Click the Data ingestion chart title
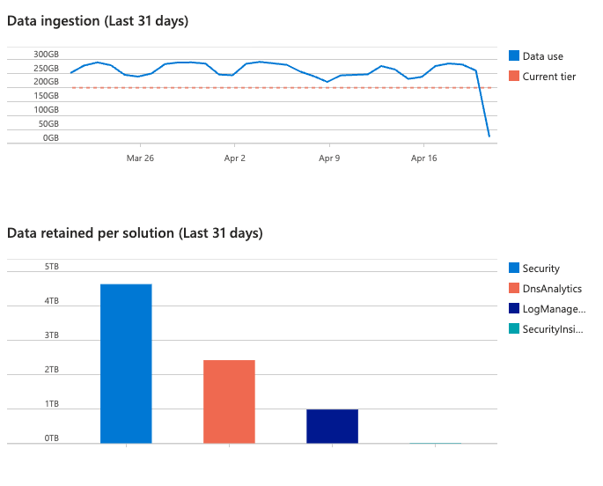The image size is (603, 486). [98, 21]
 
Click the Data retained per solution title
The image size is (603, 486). [135, 233]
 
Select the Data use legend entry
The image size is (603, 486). [542, 56]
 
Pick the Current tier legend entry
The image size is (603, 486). [548, 77]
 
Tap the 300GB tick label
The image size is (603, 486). [46, 54]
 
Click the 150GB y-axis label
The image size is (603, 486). [46, 96]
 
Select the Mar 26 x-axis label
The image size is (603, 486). [140, 158]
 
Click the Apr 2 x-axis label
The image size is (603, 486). [235, 158]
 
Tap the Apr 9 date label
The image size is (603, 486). [329, 158]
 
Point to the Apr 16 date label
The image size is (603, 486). [424, 158]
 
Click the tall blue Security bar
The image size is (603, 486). [126, 363]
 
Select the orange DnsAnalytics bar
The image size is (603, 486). [229, 401]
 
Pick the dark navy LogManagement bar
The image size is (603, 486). [332, 426]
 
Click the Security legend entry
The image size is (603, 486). [540, 269]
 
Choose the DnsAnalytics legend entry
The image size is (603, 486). [551, 289]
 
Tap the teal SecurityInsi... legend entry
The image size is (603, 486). [553, 329]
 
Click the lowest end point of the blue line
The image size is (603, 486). [489, 136]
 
